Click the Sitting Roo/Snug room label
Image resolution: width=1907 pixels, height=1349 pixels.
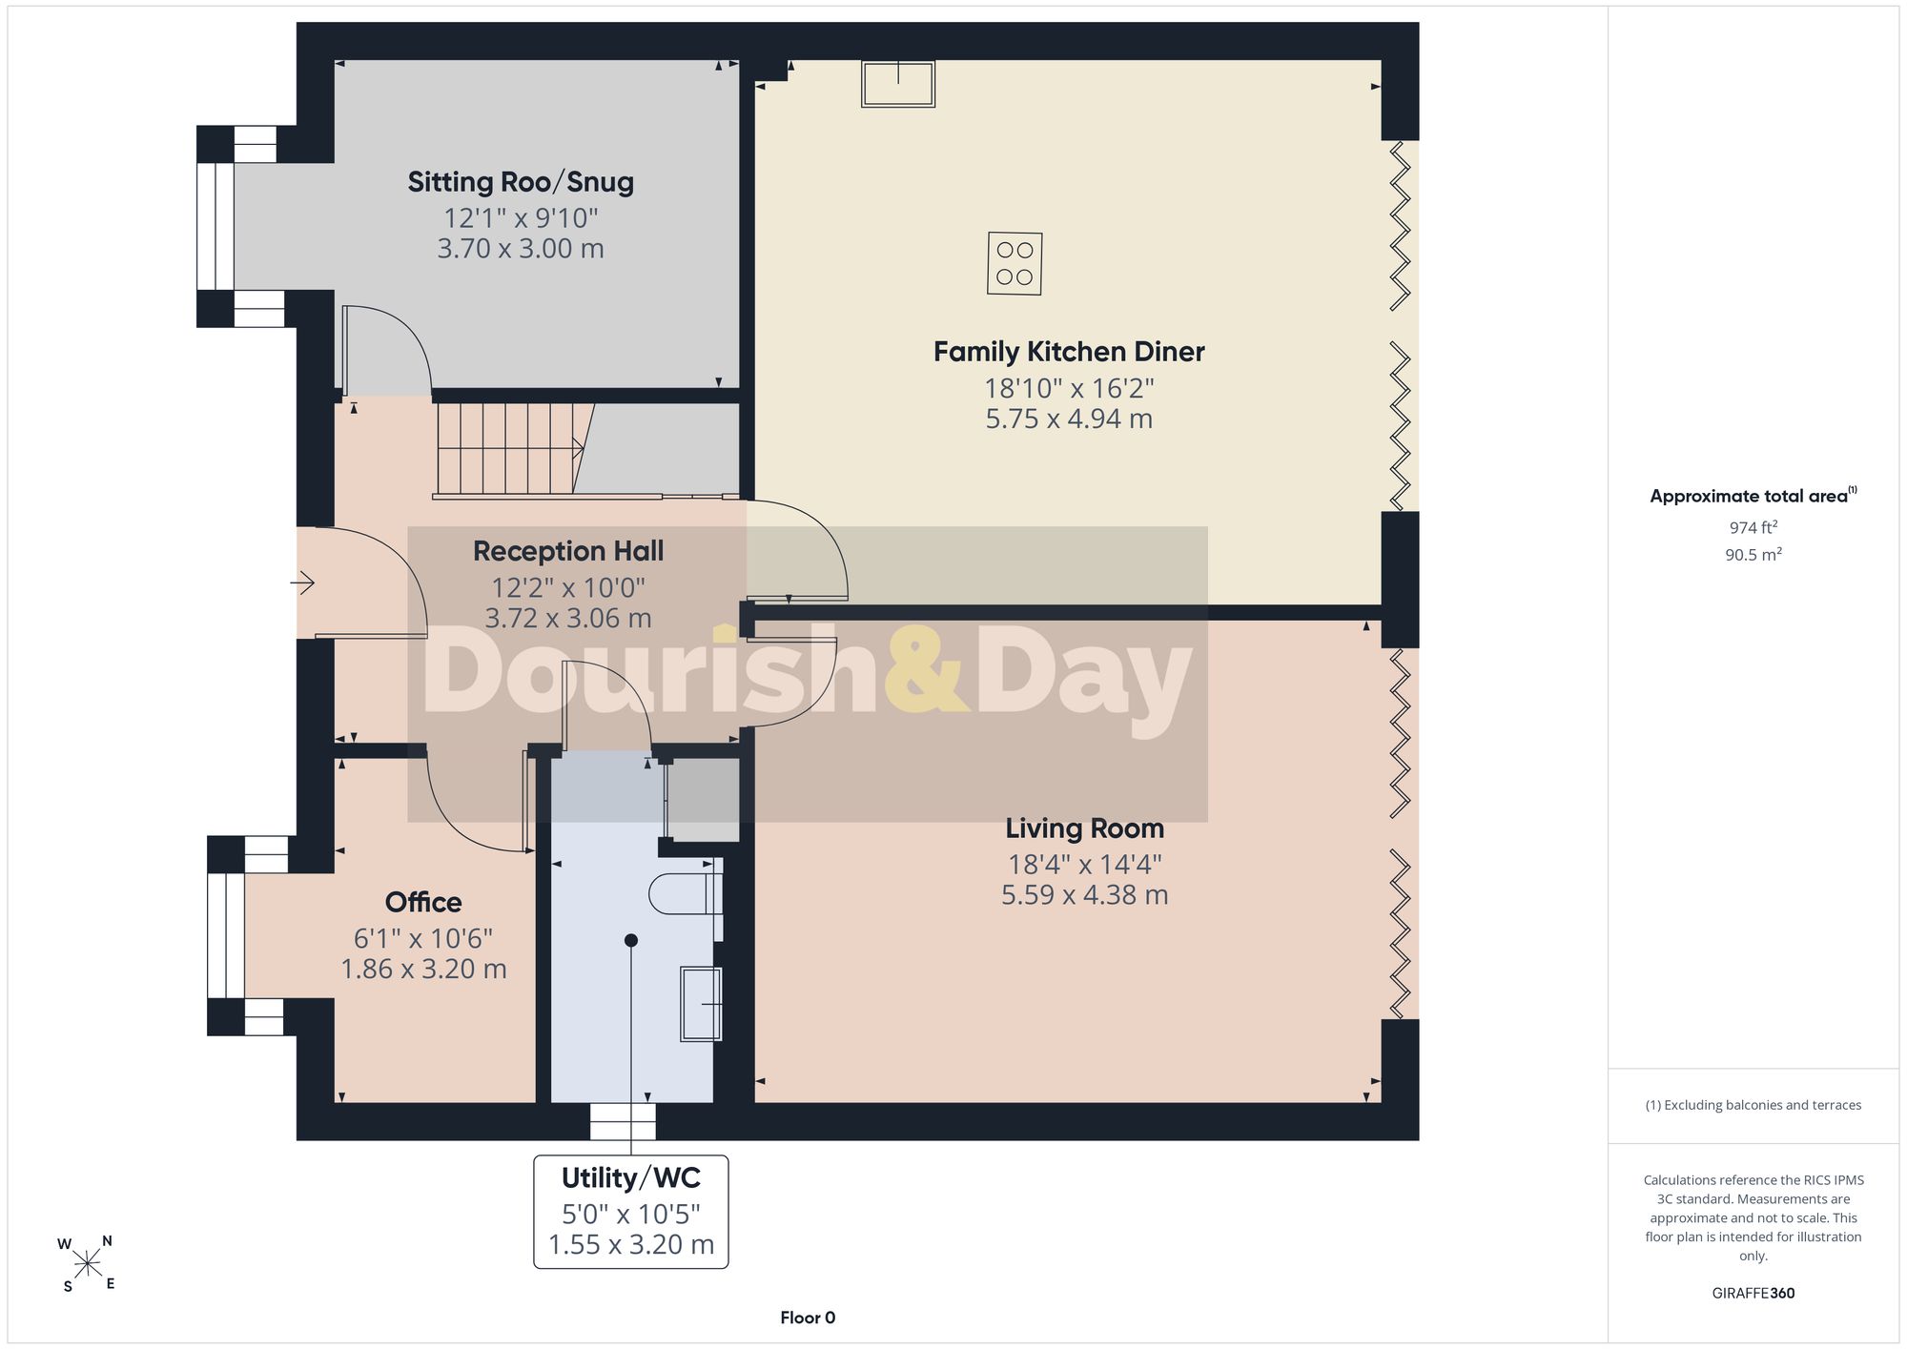click(x=521, y=182)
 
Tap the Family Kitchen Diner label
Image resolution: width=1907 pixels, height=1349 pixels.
click(x=1069, y=352)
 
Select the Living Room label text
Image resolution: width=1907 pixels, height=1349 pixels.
click(x=1084, y=828)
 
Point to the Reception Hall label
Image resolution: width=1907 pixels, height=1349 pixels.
click(x=568, y=551)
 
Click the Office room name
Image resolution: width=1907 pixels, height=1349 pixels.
click(x=423, y=902)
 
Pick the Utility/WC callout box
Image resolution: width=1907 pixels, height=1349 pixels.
click(x=631, y=1212)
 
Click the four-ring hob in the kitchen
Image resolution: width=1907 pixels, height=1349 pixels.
click(x=1015, y=264)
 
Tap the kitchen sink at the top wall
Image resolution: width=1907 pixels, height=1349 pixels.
click(x=898, y=83)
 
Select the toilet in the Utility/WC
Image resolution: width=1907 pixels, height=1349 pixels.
click(x=686, y=894)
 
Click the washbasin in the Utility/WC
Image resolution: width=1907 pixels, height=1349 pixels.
click(x=701, y=1004)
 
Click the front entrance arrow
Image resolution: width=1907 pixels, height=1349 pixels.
click(x=303, y=582)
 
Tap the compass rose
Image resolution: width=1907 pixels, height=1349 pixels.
click(x=87, y=1264)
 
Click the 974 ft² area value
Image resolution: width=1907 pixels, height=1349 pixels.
click(x=1753, y=527)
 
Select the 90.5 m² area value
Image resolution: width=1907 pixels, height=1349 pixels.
click(x=1753, y=554)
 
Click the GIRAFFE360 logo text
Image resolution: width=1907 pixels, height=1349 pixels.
click(x=1753, y=1294)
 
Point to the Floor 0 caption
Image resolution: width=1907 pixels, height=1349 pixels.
click(x=808, y=1318)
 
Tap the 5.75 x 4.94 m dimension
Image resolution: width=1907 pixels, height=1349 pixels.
click(x=1069, y=419)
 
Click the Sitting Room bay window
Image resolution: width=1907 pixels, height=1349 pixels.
click(x=215, y=226)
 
